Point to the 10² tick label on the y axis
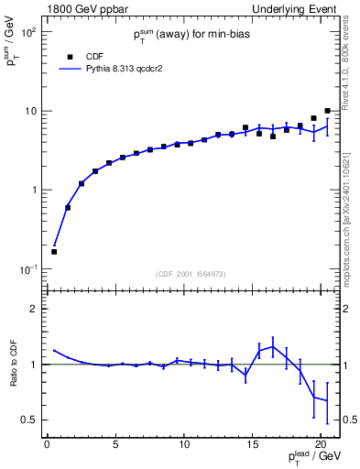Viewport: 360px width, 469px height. [29, 31]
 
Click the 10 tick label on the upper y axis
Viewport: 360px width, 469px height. [31, 111]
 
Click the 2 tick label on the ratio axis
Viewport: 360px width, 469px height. [35, 309]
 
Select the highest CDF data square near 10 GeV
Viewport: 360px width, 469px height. [327, 111]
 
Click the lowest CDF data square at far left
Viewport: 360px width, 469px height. [54, 251]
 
